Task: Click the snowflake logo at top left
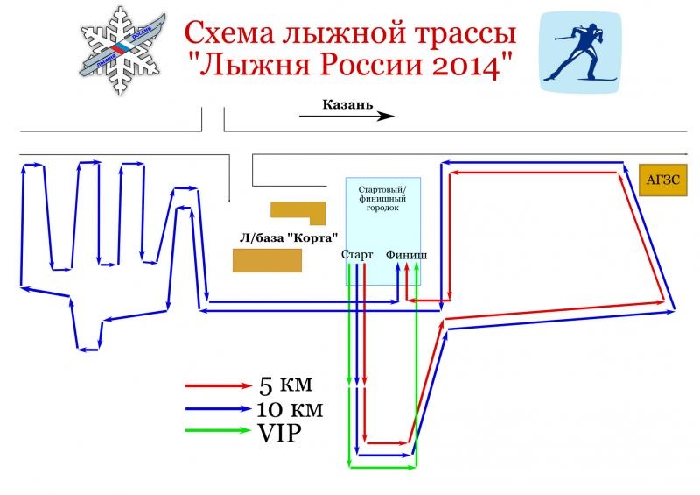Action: [123, 52]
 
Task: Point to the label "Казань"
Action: [347, 105]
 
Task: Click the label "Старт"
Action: [357, 255]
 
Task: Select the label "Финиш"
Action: [407, 255]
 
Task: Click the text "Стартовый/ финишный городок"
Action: [382, 199]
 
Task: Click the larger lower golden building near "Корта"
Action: [267, 261]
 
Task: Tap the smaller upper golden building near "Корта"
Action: [297, 211]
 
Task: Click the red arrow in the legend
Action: [218, 385]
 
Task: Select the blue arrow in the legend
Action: [218, 408]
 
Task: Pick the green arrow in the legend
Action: [218, 430]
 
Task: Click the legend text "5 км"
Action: [285, 385]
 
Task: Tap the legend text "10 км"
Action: [291, 408]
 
